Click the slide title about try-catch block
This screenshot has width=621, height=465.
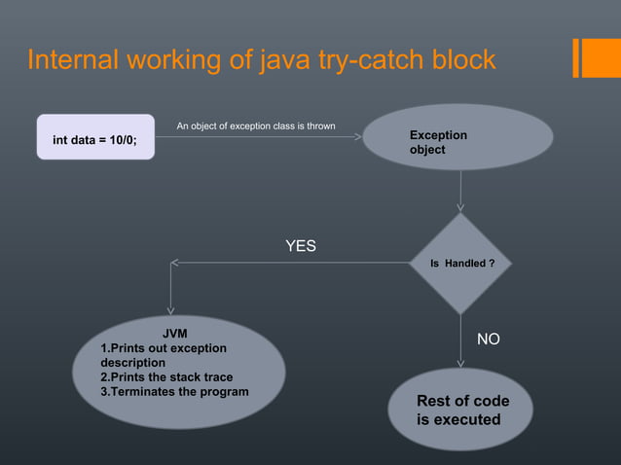261,60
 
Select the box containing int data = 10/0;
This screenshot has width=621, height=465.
95,137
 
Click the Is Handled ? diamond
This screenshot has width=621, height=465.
460,264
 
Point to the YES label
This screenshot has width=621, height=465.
300,246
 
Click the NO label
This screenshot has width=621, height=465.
488,340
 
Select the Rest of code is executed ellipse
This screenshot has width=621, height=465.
460,411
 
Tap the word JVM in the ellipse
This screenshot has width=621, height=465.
174,334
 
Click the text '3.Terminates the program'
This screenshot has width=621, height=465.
174,392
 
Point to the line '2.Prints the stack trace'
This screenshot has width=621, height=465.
166,377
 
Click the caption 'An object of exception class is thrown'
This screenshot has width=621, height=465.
256,126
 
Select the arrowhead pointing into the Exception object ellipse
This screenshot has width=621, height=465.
357,137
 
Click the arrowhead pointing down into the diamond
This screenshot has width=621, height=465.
460,206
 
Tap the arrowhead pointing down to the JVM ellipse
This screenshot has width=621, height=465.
171,309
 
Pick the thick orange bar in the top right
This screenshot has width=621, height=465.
597,56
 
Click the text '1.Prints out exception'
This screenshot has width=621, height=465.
164,348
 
